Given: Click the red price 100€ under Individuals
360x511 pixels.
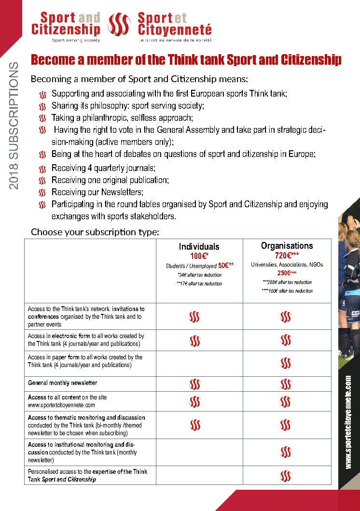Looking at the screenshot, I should point(198,256).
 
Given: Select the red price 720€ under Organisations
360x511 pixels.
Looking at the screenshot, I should point(287,255).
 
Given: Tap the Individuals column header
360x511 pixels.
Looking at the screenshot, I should point(199,247).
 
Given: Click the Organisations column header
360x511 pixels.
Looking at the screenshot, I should point(287,246).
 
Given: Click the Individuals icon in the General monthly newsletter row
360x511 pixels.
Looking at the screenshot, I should point(195,384).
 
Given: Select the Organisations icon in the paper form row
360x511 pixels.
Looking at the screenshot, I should point(286,362).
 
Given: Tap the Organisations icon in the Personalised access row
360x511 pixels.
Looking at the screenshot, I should point(286,476).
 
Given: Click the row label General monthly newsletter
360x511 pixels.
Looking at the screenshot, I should point(63,383).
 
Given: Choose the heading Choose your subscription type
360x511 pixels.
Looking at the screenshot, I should point(95,232).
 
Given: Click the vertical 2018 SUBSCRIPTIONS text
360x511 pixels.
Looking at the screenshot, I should point(14,126).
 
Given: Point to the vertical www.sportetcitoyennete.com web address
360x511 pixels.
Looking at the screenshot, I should point(348,422).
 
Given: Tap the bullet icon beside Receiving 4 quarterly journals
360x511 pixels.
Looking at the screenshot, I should point(42,169).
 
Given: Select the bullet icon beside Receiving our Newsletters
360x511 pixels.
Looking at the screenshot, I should point(42,193).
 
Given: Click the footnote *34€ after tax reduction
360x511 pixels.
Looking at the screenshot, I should point(199,275).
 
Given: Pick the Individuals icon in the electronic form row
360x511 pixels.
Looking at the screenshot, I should point(195,340).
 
